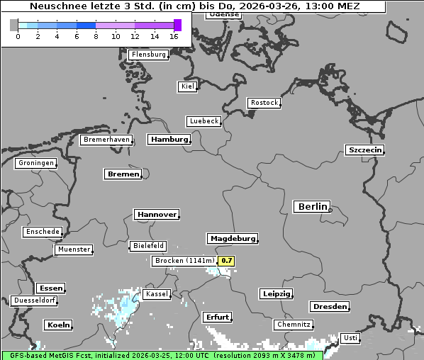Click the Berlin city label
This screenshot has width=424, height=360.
[x=312, y=207]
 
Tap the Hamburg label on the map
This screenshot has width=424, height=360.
[x=169, y=140]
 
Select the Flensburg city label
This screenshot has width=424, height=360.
[x=149, y=55]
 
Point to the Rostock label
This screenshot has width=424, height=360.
[x=264, y=103]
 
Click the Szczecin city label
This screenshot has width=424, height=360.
[x=364, y=150]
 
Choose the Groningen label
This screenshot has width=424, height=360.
[x=35, y=163]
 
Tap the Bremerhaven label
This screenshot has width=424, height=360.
[x=106, y=140]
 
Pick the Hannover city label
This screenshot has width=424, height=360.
[x=156, y=214]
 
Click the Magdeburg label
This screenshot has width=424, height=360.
[x=233, y=239]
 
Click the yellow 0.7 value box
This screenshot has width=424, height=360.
[x=226, y=261]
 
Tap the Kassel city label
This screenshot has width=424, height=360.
[x=156, y=294]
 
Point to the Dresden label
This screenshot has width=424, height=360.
[x=330, y=307]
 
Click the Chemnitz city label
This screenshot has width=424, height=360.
[x=294, y=325]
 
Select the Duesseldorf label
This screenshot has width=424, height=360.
[x=34, y=300]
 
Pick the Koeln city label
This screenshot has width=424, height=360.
[x=58, y=325]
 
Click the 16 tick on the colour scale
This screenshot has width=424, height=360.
[x=174, y=35]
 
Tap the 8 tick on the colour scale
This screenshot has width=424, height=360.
[x=96, y=35]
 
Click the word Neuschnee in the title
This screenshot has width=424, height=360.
[x=55, y=6]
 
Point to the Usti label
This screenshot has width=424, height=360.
[x=350, y=338]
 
